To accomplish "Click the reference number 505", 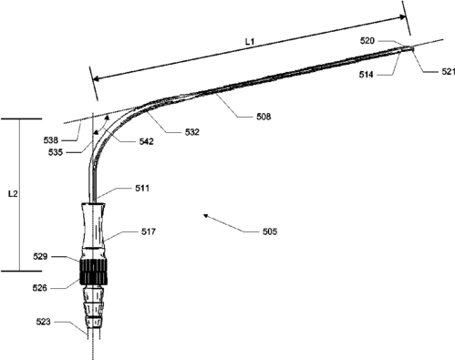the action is pos(270,231).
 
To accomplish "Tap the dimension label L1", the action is pos(250,42).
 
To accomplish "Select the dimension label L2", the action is pos(13,194).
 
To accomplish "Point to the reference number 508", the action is pos(264,117).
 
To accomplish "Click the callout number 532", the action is pos(192,132).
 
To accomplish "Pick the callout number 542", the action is pos(146,141).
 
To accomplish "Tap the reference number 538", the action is pos(51,140).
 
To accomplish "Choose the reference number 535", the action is pos(56,152).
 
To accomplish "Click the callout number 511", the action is pos(142,189).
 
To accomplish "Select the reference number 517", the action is pos(149,231).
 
